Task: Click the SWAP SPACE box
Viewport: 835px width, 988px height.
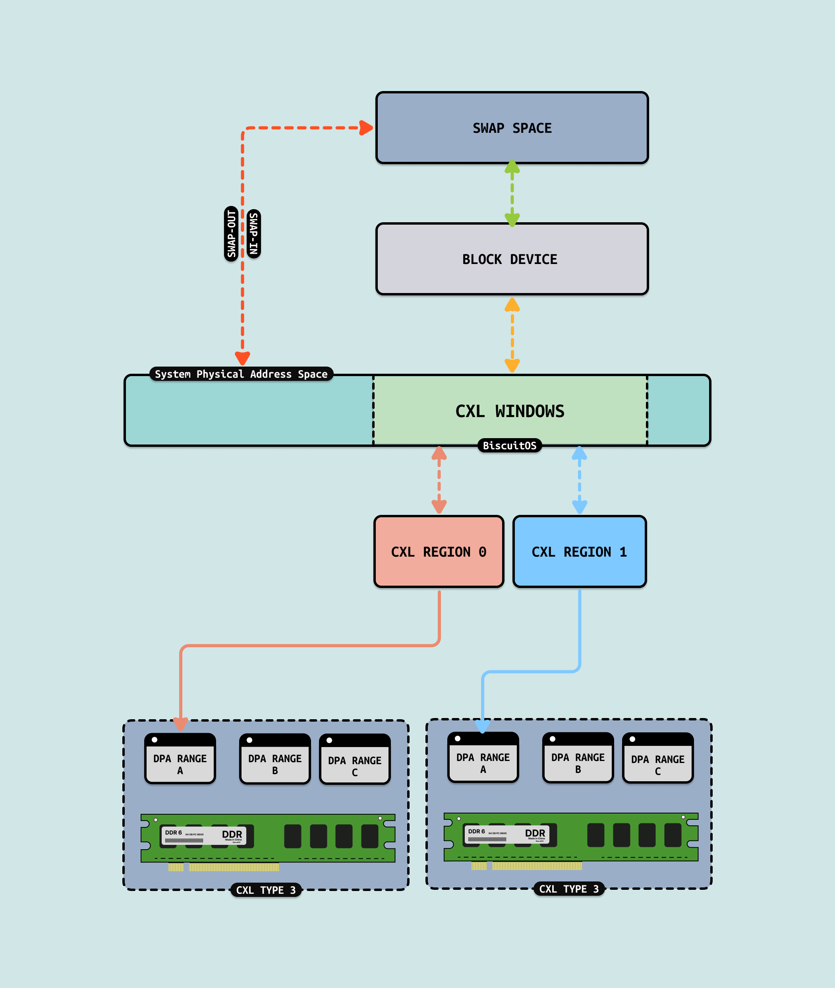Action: click(x=512, y=128)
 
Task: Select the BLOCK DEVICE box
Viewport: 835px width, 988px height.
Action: click(x=512, y=259)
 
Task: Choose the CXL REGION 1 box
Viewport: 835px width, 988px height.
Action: click(x=580, y=552)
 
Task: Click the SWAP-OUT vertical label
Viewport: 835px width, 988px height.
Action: click(x=231, y=234)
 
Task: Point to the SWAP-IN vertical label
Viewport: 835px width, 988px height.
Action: click(x=254, y=234)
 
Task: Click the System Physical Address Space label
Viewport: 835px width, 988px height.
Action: click(x=242, y=374)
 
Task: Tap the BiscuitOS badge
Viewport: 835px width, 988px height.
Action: click(x=509, y=446)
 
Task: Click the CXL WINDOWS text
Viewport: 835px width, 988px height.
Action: click(x=510, y=411)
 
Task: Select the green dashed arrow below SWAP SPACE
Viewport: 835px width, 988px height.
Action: click(x=512, y=194)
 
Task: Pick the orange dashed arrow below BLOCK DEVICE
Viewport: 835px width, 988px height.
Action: click(x=512, y=334)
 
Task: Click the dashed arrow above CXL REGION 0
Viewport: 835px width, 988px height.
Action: click(x=439, y=480)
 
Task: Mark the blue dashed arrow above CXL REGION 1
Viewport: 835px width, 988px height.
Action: click(x=580, y=480)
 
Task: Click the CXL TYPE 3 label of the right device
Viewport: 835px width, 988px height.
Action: click(x=568, y=889)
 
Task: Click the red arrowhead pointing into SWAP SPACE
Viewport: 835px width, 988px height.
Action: click(x=366, y=128)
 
